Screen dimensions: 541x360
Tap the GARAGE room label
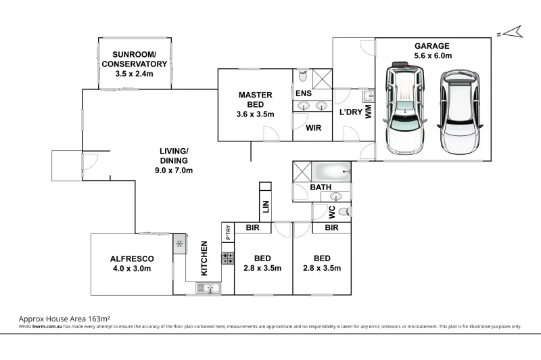(432, 46)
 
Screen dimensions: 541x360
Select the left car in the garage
(405, 108)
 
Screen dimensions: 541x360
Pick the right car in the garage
(460, 112)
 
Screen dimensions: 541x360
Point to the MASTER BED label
(256, 99)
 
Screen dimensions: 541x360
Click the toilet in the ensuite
(302, 76)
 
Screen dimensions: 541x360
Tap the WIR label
(314, 128)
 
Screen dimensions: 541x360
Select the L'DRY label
(351, 112)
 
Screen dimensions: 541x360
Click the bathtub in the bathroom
(331, 172)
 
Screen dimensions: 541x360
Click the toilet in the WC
(344, 211)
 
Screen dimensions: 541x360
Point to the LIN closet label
(266, 207)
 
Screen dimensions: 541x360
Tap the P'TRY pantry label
(228, 232)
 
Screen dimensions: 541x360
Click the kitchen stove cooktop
(228, 258)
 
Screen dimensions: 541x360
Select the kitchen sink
(208, 288)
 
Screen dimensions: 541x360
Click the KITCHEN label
(204, 258)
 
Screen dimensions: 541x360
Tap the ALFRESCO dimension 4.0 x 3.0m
(132, 269)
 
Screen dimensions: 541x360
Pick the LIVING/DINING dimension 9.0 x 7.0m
(174, 170)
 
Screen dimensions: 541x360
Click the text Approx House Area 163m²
(64, 319)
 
